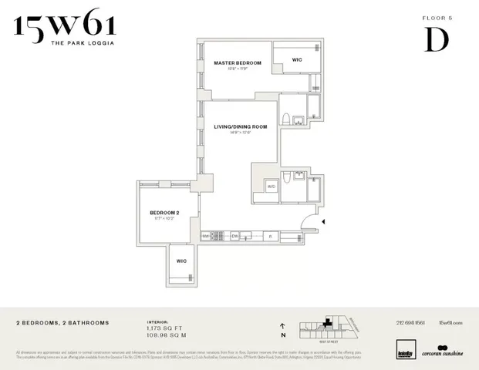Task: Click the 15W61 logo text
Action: pyautogui.click(x=64, y=29)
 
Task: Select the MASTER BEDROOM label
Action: pyautogui.click(x=238, y=62)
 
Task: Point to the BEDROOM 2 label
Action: pyautogui.click(x=164, y=212)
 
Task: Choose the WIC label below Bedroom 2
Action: pyautogui.click(x=181, y=261)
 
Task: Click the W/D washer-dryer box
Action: pyautogui.click(x=271, y=186)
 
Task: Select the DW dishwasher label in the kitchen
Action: pyautogui.click(x=234, y=235)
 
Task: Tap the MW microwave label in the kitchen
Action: pyautogui.click(x=206, y=235)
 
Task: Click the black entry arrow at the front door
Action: pyautogui.click(x=323, y=222)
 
